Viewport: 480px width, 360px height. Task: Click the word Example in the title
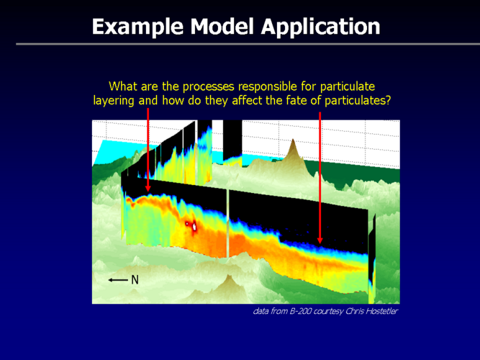pos(137,27)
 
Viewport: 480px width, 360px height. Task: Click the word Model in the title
pos(222,27)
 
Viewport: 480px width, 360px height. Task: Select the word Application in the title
pos(320,27)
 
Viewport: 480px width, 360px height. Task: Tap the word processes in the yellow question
pos(209,86)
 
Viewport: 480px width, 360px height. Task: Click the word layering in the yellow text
pos(114,101)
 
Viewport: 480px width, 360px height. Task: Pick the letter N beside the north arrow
pos(135,280)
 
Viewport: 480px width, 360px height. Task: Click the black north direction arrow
pos(118,280)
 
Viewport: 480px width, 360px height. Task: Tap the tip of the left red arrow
pos(148,192)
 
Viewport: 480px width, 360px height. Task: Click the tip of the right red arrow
pos(320,243)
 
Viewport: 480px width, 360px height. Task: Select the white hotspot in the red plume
pos(194,227)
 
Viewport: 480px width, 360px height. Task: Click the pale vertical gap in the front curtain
pos(227,224)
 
